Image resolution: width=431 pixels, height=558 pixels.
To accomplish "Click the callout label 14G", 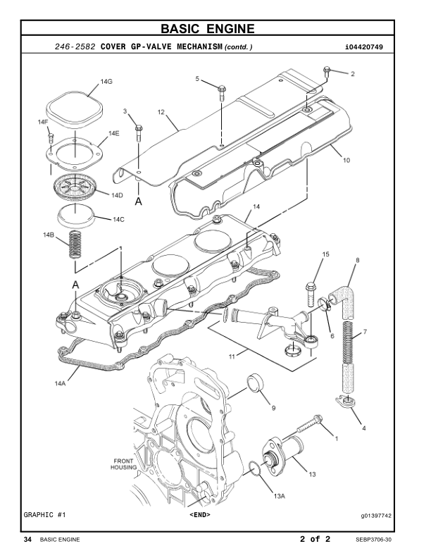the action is tap(106, 82).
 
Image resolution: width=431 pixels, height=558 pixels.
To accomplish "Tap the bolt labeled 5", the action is tap(222, 93).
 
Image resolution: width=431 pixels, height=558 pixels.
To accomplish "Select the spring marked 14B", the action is tap(75, 244).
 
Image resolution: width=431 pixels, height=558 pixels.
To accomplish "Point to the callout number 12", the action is tap(161, 112).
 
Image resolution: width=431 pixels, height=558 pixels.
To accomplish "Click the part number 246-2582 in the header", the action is tap(75, 46).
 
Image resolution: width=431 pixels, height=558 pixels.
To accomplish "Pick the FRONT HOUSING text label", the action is tap(123, 464).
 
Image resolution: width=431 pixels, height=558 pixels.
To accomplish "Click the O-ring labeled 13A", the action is tap(255, 468).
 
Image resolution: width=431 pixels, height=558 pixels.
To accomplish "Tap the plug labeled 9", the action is tap(256, 383).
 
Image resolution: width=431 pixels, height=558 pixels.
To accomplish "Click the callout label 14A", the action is tap(60, 383).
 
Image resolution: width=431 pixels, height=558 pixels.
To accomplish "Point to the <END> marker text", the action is tap(200, 514).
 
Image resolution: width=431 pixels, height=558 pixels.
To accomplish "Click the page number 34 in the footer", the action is tap(27, 540).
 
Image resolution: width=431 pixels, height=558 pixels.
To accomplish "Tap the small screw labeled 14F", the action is tap(51, 137).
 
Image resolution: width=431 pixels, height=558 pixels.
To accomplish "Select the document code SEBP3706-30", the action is tap(373, 540).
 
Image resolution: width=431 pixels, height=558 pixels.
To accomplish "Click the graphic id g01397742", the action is tap(376, 516).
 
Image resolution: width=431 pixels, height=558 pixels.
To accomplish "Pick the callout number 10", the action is tap(346, 160).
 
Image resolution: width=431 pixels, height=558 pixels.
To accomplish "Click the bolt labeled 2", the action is tap(327, 73).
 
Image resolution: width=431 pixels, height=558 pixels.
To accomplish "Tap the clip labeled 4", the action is tap(344, 401).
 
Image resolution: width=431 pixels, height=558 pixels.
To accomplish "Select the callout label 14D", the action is tap(117, 195).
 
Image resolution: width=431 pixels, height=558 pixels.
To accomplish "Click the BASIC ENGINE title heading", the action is tap(208, 28).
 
